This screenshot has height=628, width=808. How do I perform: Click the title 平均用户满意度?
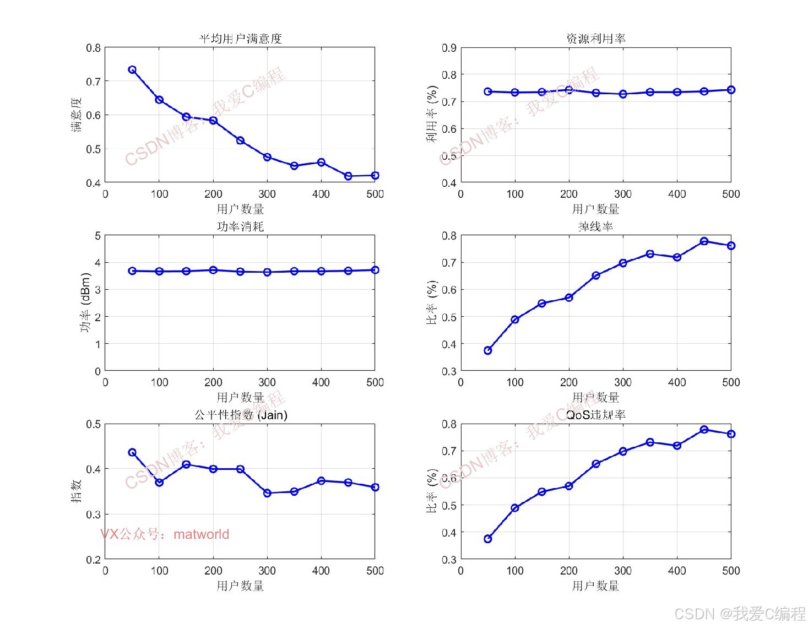[x=240, y=39]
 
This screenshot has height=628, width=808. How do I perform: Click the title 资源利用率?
[x=595, y=39]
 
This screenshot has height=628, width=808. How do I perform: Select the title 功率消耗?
[x=240, y=226]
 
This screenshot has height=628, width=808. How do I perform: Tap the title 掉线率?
[x=595, y=226]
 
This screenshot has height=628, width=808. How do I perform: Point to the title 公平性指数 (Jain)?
[x=241, y=415]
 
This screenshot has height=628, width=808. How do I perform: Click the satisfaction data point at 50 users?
[x=132, y=70]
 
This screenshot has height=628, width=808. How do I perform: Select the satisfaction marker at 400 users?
[x=321, y=163]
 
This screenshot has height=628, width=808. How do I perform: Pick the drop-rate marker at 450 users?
[x=704, y=241]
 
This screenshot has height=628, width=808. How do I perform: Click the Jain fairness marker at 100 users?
[x=159, y=482]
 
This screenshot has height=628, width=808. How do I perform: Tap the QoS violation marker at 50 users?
[x=488, y=539]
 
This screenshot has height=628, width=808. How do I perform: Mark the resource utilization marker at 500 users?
[x=731, y=90]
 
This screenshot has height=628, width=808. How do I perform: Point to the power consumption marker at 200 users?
[x=213, y=270]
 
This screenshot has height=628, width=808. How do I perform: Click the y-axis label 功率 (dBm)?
[x=85, y=303]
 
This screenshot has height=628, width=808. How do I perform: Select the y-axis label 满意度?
[x=76, y=115]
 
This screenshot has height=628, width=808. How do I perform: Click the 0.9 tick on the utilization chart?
[x=449, y=48]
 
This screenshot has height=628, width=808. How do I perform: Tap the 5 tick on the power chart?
[x=97, y=236]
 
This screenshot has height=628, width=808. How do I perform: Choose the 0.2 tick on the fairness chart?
[x=93, y=560]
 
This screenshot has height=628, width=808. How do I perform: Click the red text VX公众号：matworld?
[x=164, y=534]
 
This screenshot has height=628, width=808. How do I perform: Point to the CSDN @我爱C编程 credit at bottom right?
[x=740, y=614]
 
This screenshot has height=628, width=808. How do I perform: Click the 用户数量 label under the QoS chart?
[x=595, y=586]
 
